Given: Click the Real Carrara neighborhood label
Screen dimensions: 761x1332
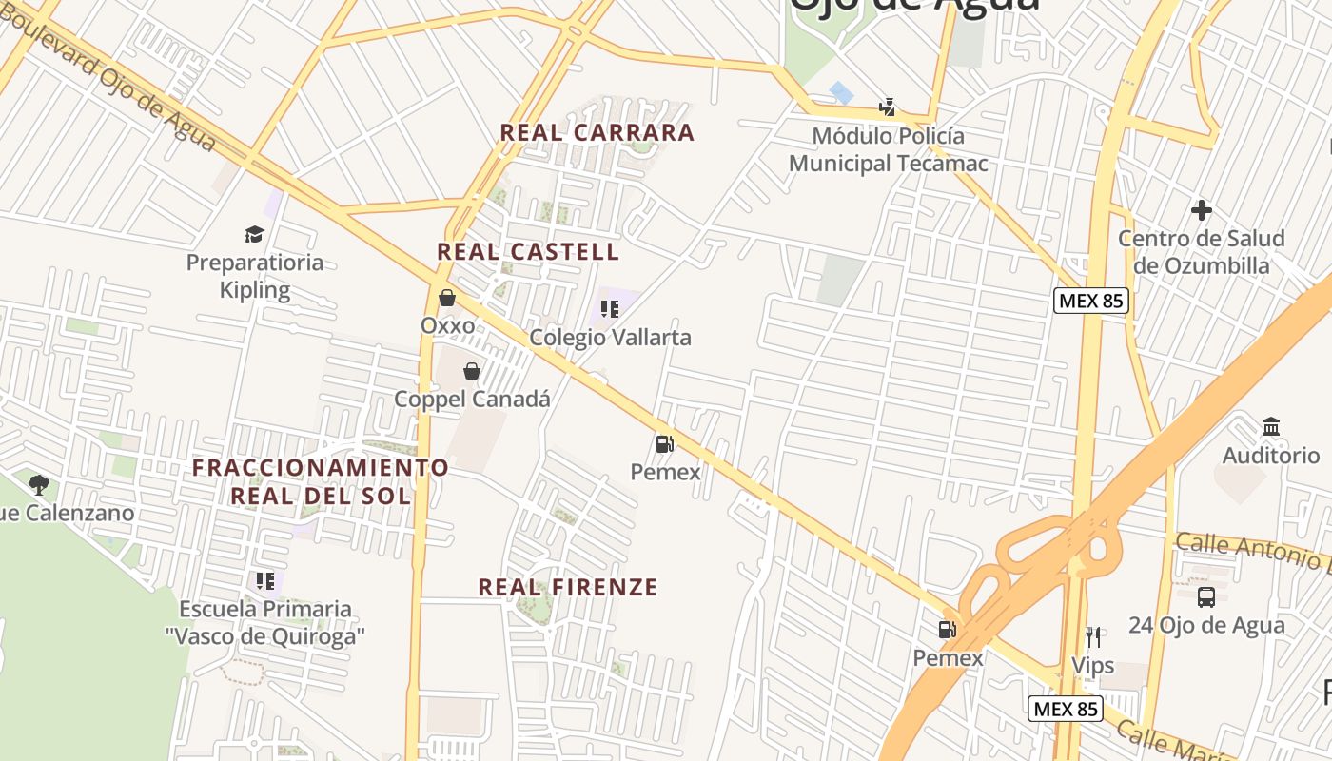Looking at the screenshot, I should point(597,132).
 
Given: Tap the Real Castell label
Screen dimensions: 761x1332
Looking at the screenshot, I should point(528,252).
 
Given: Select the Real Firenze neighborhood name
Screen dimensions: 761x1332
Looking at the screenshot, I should point(568,587).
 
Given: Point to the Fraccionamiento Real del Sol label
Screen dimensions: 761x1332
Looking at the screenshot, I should point(321,481).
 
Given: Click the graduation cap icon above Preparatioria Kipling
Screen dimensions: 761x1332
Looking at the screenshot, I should point(254,234).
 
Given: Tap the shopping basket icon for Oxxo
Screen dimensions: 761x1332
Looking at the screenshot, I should point(447,298).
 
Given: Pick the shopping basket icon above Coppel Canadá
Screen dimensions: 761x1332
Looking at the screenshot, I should point(472,370).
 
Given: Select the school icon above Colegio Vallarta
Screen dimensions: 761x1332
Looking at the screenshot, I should point(610,309).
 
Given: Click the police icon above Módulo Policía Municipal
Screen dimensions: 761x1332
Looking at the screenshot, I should point(888,107).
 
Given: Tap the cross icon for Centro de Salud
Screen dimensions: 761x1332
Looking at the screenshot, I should point(1202,210).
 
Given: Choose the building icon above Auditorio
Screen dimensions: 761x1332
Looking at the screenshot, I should point(1271,426).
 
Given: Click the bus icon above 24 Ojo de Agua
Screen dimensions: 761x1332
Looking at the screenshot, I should point(1206,596).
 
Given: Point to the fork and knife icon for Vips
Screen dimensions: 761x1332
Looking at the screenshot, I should point(1093,636).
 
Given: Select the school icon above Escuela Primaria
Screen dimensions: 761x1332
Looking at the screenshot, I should point(265,580).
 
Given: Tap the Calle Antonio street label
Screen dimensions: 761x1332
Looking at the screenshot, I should point(1252,552).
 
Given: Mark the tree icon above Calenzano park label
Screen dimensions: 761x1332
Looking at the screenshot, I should point(39,485).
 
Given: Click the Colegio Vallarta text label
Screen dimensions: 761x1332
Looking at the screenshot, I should point(610,338).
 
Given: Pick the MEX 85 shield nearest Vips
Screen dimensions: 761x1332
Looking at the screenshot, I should point(1066,709).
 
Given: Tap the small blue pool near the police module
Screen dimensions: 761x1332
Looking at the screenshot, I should point(841,92).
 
